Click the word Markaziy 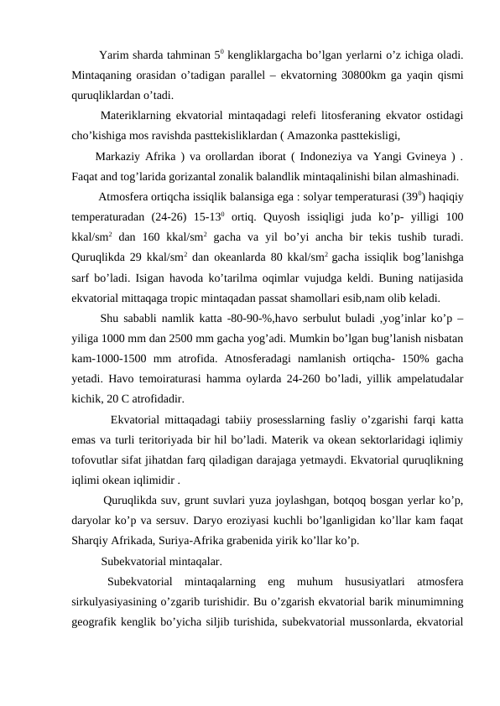(x=118, y=158)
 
